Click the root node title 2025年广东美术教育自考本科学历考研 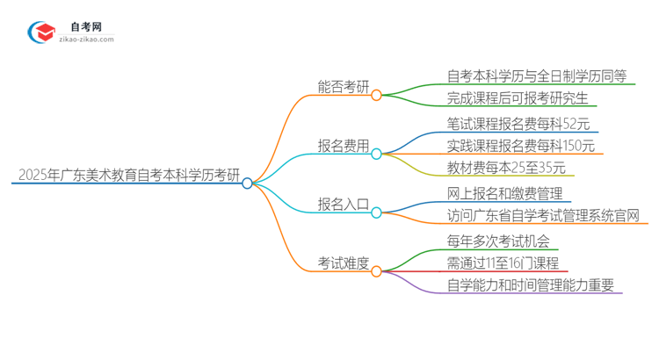click(125, 175)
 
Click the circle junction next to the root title click(247, 184)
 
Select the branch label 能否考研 click(344, 87)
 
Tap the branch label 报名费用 click(344, 146)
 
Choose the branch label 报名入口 click(344, 204)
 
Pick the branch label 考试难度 click(344, 263)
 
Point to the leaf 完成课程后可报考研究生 click(518, 98)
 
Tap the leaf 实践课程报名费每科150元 click(520, 145)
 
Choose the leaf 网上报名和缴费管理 click(503, 192)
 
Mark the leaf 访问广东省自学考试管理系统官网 click(542, 215)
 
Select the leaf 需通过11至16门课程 click(502, 262)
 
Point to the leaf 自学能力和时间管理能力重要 click(530, 284)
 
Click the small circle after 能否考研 click(376, 95)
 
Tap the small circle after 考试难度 click(376, 270)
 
